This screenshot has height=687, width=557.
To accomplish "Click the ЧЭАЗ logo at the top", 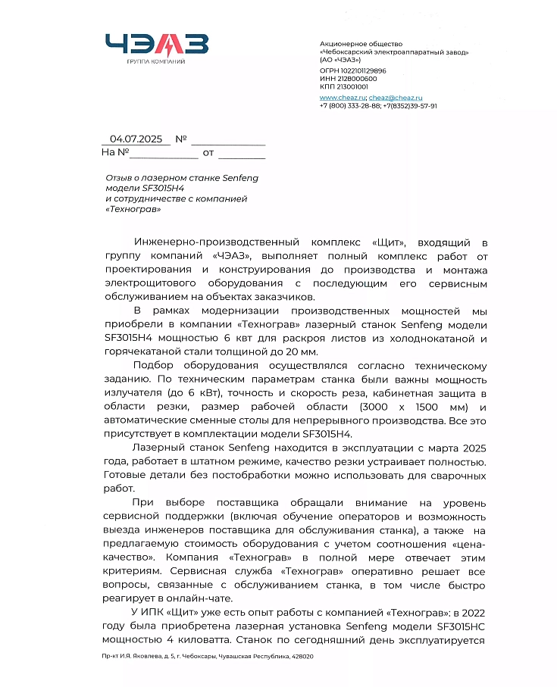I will tap(156, 44).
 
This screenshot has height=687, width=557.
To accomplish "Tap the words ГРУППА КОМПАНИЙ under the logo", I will tap(156, 61).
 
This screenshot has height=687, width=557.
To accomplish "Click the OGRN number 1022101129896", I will tap(360, 70).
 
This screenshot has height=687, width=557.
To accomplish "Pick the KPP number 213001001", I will tap(352, 86).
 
